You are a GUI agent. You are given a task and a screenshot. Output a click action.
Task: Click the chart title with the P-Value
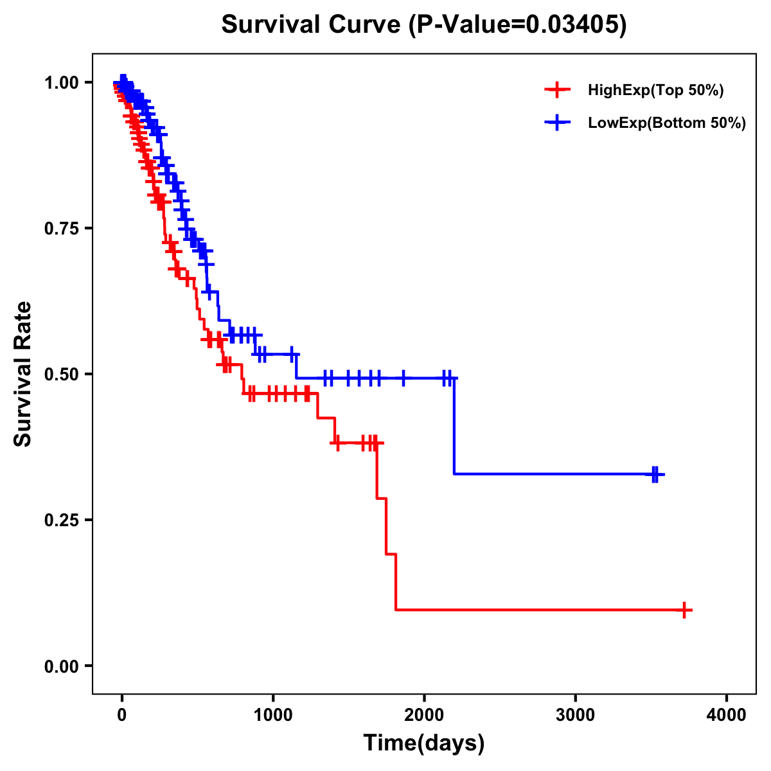(423, 25)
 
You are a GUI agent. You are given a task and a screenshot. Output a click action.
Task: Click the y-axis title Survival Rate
(23, 374)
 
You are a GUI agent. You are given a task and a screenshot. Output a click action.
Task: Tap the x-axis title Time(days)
(424, 743)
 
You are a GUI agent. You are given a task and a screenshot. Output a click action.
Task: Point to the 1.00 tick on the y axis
(62, 82)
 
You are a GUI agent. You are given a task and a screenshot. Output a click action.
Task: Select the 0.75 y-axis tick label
(62, 228)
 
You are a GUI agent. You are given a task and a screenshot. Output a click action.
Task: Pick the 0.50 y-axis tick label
(62, 374)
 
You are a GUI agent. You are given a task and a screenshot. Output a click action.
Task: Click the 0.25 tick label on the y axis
(62, 520)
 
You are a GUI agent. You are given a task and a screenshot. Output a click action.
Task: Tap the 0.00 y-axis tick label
(62, 666)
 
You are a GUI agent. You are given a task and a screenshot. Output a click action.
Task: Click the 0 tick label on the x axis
(122, 715)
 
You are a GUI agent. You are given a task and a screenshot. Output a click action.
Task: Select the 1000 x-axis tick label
(273, 715)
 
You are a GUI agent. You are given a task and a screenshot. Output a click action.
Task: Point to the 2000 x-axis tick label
(424, 715)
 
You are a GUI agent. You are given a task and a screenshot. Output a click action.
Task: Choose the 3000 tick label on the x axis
(575, 715)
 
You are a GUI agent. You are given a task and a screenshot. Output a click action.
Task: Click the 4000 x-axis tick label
(727, 715)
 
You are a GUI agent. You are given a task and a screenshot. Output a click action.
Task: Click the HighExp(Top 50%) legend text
(656, 91)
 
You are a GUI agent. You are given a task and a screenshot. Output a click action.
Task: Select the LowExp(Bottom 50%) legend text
(667, 123)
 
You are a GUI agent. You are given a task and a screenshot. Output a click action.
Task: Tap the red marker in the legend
(557, 91)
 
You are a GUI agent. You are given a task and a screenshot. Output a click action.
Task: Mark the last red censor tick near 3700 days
(685, 610)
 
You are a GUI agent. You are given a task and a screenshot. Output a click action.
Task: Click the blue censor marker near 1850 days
(403, 378)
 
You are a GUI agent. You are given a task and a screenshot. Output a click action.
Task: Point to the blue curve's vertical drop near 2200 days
(454, 427)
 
